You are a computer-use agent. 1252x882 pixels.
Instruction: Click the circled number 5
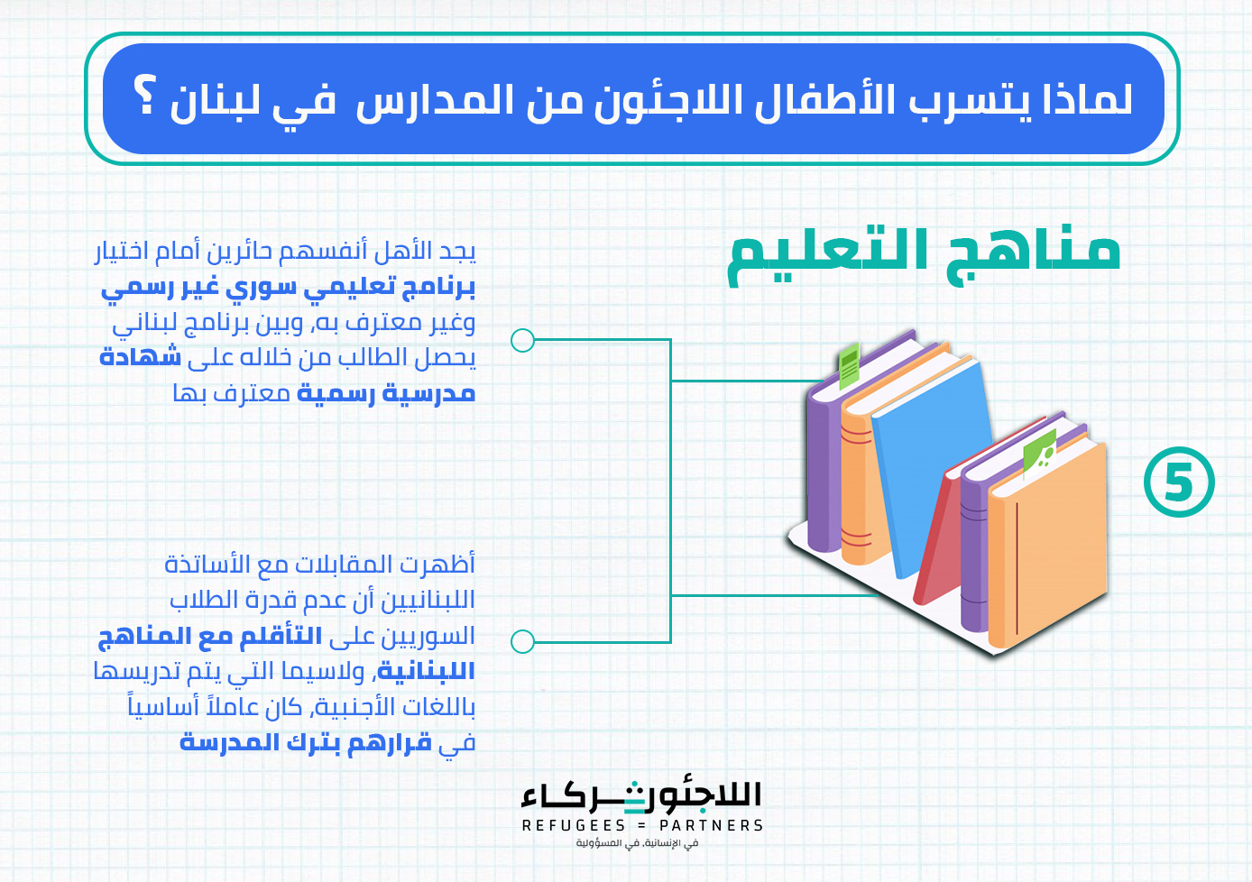click(1179, 482)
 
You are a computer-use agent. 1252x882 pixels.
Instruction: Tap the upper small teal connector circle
click(522, 340)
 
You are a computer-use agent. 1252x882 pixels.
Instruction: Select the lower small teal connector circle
click(522, 641)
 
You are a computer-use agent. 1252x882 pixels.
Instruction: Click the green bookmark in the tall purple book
click(850, 365)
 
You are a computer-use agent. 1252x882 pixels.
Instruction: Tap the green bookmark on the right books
click(1039, 454)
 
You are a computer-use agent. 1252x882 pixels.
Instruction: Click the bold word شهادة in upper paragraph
click(141, 356)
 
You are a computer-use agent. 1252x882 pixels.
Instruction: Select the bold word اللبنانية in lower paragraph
click(426, 671)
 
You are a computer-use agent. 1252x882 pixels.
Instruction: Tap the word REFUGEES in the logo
click(574, 825)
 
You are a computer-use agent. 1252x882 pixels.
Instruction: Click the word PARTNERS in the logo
click(712, 825)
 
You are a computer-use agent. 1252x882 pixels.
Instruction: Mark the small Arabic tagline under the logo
click(637, 843)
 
